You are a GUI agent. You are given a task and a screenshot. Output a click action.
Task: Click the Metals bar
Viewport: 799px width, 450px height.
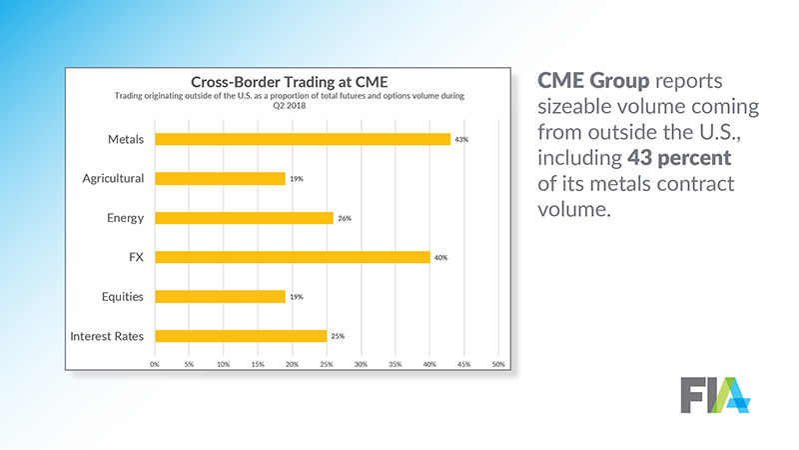[303, 139]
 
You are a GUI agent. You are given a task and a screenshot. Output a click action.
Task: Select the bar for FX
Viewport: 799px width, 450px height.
[292, 257]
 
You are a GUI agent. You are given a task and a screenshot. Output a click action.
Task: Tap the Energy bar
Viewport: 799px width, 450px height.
[244, 218]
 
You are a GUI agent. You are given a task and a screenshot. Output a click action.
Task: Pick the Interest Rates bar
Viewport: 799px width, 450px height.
[240, 336]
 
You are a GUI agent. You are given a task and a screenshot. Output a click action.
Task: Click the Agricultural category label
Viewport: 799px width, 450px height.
[114, 179]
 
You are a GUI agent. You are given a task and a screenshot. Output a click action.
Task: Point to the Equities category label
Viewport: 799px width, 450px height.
[122, 297]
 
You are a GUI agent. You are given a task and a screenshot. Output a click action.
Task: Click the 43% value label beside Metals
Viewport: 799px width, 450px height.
[461, 140]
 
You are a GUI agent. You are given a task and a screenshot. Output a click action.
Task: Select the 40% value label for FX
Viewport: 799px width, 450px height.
[440, 258]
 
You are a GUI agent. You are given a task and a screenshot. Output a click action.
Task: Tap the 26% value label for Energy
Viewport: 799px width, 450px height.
[344, 218]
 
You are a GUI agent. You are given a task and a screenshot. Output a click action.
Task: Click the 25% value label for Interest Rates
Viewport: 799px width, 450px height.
[338, 336]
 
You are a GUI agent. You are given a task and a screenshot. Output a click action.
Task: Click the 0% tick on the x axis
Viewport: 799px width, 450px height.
[155, 364]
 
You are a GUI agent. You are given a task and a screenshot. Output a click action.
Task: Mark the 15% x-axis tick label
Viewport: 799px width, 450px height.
[258, 364]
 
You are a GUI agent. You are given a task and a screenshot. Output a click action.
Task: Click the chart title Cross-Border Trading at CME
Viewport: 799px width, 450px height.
[291, 82]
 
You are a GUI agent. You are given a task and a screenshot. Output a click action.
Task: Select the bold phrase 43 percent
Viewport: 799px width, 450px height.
[683, 158]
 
